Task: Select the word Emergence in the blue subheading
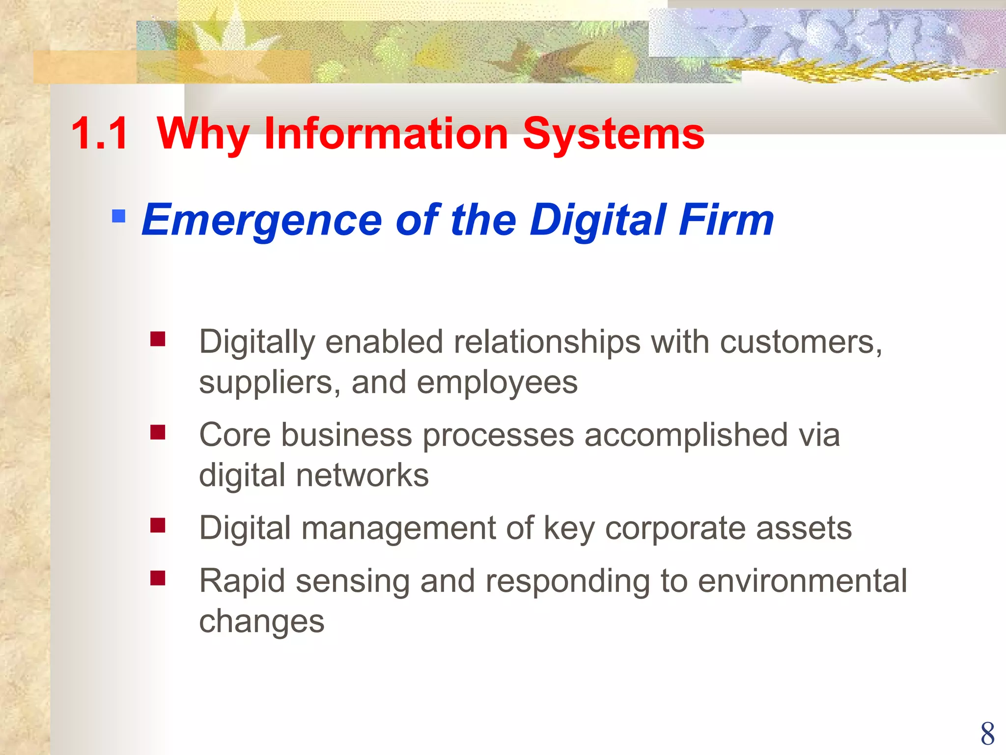(x=261, y=220)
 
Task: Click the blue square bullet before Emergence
(x=118, y=216)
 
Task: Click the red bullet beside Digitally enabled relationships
(x=158, y=339)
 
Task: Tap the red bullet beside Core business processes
(x=158, y=433)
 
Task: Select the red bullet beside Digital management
(x=158, y=525)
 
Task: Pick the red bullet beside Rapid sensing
(x=158, y=578)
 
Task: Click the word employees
(x=497, y=383)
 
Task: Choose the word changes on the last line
(x=261, y=621)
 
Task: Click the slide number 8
(x=987, y=734)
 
